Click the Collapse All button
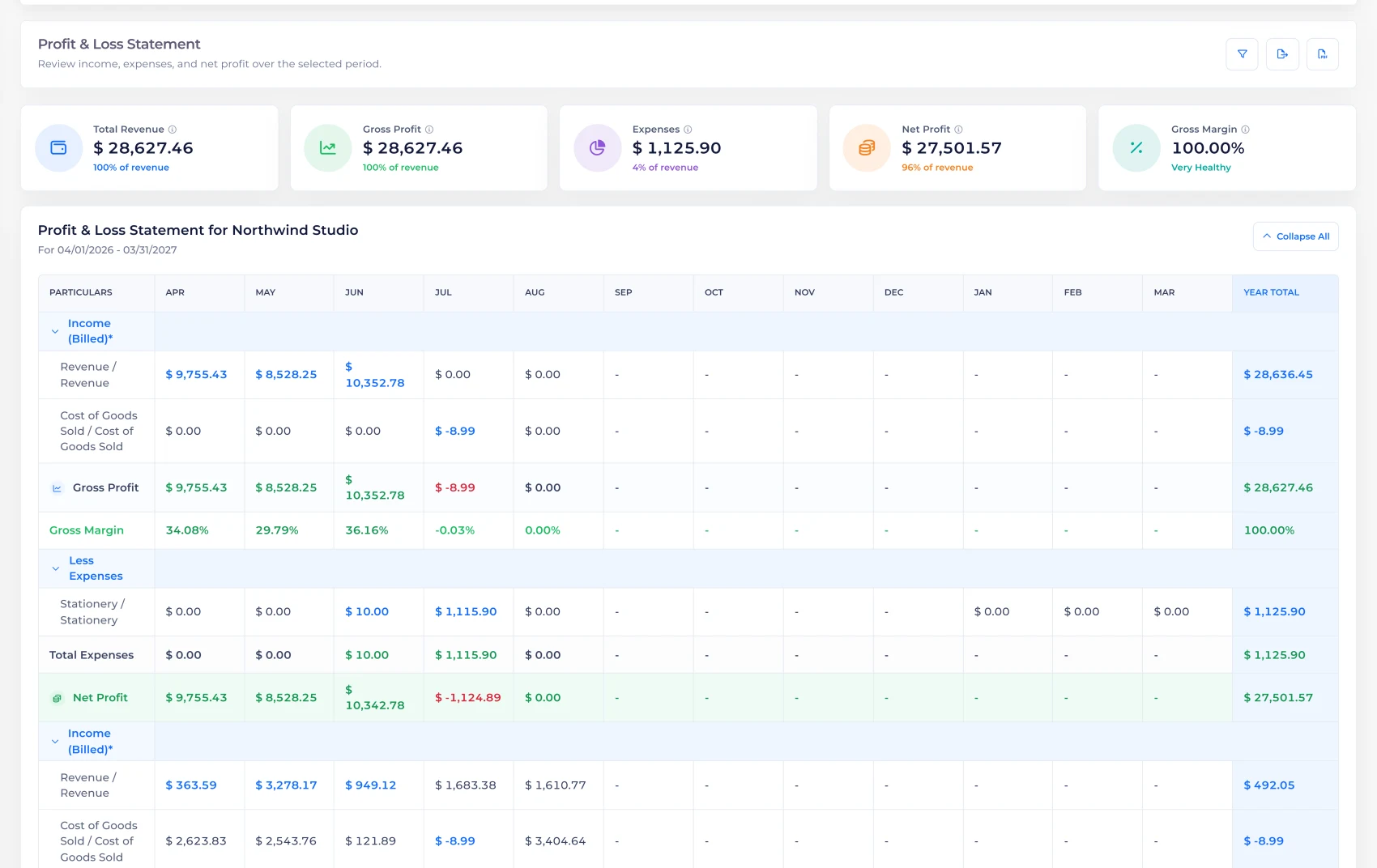1295,236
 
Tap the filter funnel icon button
1242,54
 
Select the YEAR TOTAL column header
1271,292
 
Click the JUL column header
443,292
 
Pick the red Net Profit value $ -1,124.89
468,697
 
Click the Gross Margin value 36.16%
366,530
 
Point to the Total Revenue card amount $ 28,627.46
143,148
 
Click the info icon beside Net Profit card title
958,130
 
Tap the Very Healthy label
1200,168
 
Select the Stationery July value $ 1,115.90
466,611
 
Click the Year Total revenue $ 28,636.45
1278,374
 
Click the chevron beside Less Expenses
55,569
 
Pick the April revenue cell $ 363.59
190,785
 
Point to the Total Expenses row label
91,655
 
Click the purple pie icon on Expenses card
597,148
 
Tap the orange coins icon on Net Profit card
866,148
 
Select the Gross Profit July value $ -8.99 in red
455,487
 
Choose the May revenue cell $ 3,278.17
286,785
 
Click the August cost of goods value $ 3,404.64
555,840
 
